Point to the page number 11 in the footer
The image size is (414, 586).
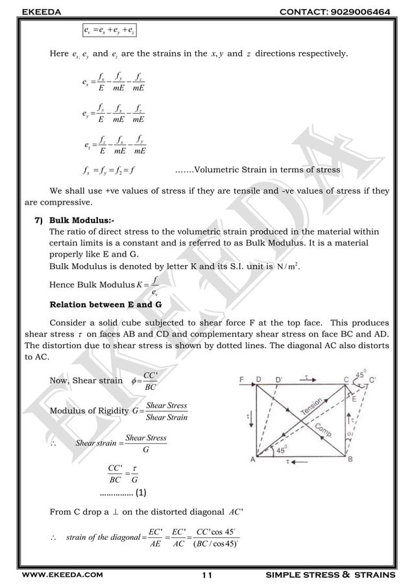point(206,575)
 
